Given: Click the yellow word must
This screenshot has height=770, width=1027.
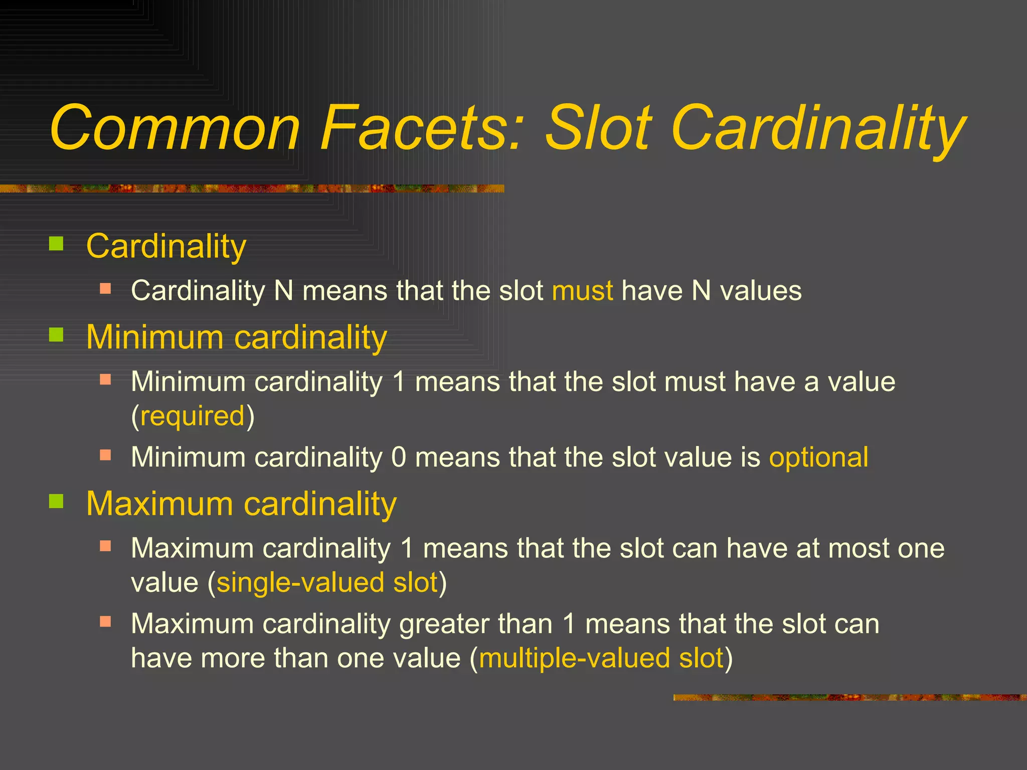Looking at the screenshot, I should (x=582, y=291).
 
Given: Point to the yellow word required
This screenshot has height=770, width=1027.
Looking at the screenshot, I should (x=193, y=416).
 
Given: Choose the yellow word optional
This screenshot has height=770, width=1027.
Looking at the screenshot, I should (x=819, y=457).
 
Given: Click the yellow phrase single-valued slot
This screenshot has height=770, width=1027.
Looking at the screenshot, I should (x=327, y=583).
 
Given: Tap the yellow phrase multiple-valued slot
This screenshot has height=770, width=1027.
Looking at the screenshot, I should (x=601, y=658).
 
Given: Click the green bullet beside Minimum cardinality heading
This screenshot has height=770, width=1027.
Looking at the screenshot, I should (x=56, y=334).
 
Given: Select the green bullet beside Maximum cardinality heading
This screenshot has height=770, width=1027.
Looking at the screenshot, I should (x=56, y=501).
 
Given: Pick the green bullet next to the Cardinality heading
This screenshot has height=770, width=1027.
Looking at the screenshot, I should (x=56, y=244).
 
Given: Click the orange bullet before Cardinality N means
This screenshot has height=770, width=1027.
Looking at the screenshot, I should (x=105, y=289).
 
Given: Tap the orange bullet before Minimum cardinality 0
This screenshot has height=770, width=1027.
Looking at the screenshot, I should (x=105, y=455).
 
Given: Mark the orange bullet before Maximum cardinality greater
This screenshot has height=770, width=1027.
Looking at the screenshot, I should (x=105, y=622).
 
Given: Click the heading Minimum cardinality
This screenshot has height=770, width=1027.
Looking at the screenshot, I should (x=237, y=337).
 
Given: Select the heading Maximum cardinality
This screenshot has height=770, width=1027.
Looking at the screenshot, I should (x=241, y=503).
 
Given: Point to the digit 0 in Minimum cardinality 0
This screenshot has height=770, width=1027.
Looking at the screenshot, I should (x=399, y=457).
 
